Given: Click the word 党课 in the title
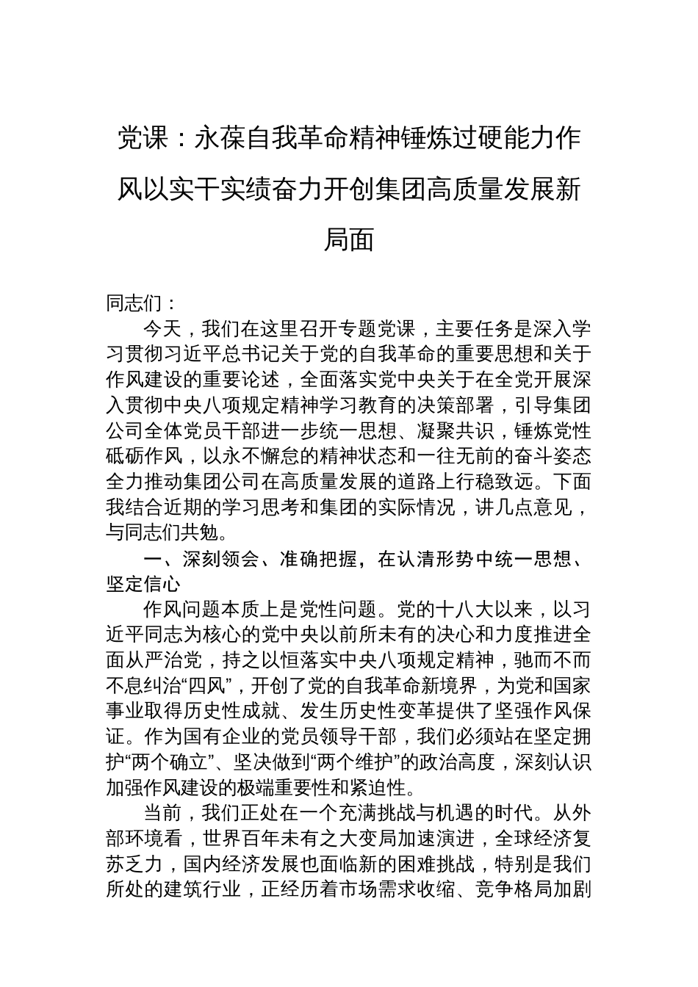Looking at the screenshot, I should [x=143, y=138].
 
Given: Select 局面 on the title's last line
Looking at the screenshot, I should [x=349, y=239].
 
